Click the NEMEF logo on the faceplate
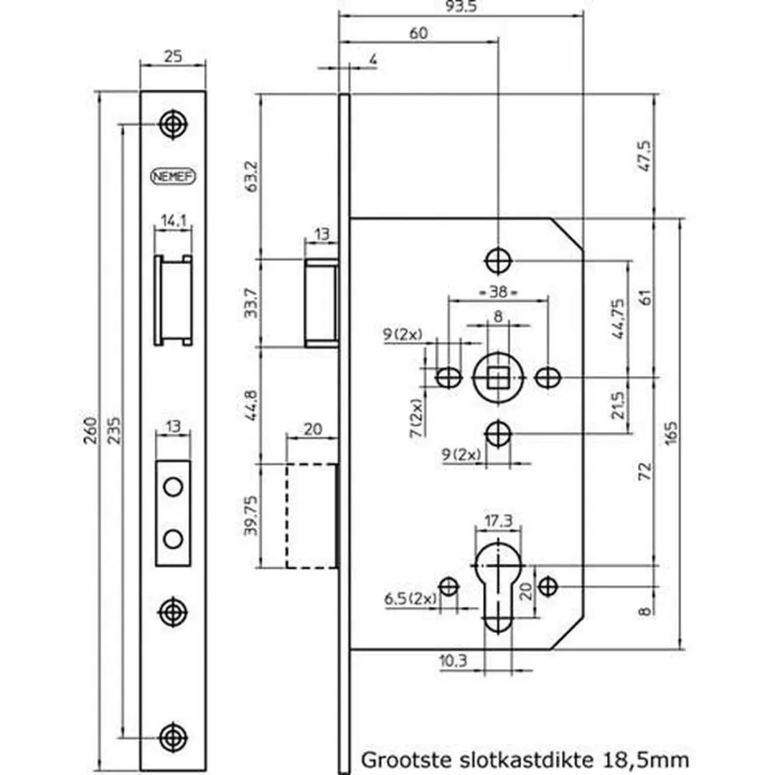click(173, 176)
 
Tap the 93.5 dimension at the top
click(461, 7)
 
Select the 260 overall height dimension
click(90, 431)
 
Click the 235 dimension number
click(114, 431)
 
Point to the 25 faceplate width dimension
click(173, 57)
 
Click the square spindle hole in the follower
click(498, 378)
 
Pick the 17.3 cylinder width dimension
click(498, 520)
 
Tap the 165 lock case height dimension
click(671, 433)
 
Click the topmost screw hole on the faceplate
click(173, 124)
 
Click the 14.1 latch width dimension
click(174, 220)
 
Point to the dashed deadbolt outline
click(312, 515)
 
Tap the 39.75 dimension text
click(251, 515)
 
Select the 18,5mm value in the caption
click(646, 759)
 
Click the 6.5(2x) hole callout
click(410, 599)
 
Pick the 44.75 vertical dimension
click(619, 319)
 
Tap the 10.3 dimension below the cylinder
click(453, 660)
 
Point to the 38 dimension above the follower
click(498, 291)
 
